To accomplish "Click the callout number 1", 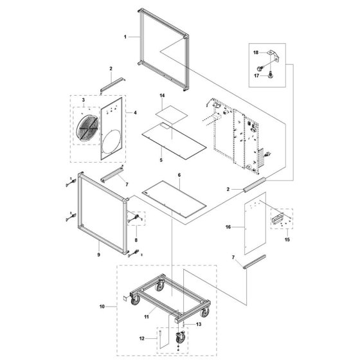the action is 125,37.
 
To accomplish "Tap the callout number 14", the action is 162,96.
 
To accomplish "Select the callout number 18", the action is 256,53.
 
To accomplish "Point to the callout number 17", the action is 256,76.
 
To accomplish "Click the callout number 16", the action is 228,227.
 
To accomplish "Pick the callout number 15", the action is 287,240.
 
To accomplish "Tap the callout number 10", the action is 102,307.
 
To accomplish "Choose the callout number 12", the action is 142,338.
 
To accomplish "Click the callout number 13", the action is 199,324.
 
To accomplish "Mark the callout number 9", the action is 99,255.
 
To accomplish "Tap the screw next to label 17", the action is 271,75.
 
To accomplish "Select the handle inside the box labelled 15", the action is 278,218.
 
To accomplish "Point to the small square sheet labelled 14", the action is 172,113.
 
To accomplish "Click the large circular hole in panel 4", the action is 111,141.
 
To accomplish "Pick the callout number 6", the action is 179,175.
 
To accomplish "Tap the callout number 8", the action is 136,240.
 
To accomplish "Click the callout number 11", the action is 147,317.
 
